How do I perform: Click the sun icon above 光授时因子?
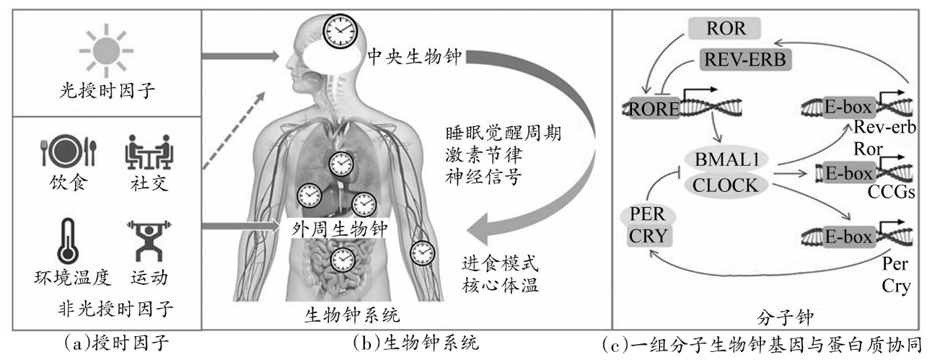(x=106, y=51)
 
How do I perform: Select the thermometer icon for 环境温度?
(x=68, y=242)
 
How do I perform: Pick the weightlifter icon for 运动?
(x=149, y=240)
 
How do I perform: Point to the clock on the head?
(x=340, y=31)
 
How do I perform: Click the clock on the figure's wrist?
(x=422, y=253)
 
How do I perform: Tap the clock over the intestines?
(x=343, y=260)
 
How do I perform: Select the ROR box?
(x=725, y=28)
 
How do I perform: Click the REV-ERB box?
(x=745, y=59)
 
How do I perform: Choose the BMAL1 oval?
(x=726, y=159)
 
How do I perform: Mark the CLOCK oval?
(x=725, y=185)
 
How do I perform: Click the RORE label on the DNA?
(x=654, y=110)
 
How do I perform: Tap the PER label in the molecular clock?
(x=648, y=214)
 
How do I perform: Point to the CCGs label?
(x=891, y=193)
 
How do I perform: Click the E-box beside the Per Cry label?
(x=848, y=237)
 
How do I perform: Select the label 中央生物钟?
(x=415, y=57)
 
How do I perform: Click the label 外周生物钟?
(x=340, y=229)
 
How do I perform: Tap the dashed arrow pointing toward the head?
(x=234, y=131)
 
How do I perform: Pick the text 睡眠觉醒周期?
(x=504, y=133)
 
